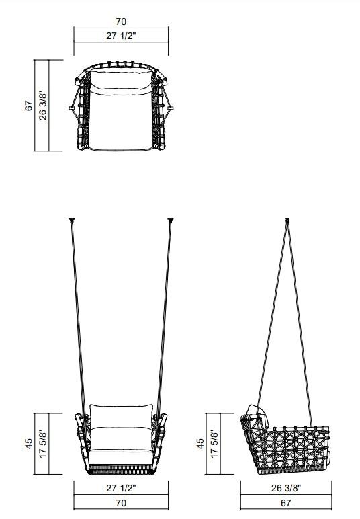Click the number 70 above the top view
click(121, 22)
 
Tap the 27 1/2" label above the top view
click(121, 36)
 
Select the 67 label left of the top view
click(29, 106)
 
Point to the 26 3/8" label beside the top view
click(44, 106)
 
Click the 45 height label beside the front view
click(29, 444)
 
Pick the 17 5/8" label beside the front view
click(44, 444)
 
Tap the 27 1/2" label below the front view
click(121, 488)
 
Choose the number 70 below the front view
click(121, 503)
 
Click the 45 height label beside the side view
click(200, 444)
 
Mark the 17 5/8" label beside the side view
click(215, 444)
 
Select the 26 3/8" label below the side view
click(285, 488)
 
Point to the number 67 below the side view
click(285, 503)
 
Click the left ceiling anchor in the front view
click(72, 220)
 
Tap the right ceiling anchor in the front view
click(170, 220)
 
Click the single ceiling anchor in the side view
click(288, 220)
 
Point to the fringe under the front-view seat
click(121, 468)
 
